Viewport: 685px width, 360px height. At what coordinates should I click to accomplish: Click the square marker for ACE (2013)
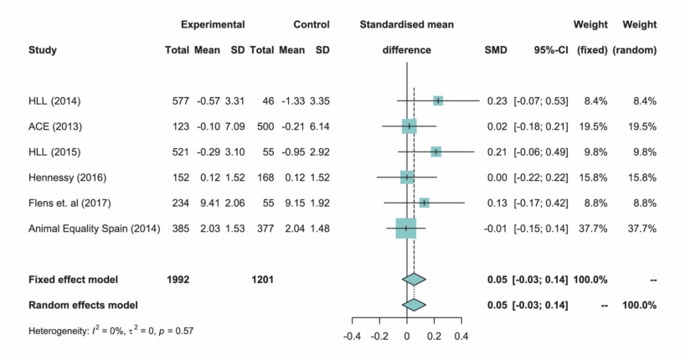[409, 126]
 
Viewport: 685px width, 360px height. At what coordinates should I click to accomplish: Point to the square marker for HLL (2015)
[435, 152]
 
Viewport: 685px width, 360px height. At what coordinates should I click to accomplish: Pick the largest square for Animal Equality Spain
[405, 227]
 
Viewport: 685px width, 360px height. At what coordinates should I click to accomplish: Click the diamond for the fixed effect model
[414, 279]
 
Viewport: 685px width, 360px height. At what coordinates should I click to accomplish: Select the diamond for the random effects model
[414, 304]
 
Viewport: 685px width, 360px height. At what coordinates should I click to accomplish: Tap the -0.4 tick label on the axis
[352, 337]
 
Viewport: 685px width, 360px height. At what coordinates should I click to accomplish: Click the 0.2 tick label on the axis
[434, 337]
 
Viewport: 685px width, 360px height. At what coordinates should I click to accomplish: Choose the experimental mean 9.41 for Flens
[207, 202]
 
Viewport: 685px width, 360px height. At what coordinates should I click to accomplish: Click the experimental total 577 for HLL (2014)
[177, 101]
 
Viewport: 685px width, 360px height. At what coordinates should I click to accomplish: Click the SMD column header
[496, 50]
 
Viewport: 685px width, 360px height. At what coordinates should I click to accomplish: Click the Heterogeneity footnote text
[111, 331]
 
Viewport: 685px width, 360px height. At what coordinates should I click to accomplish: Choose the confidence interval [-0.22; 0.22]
[542, 177]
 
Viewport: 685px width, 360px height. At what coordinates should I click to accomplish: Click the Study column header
[43, 50]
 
